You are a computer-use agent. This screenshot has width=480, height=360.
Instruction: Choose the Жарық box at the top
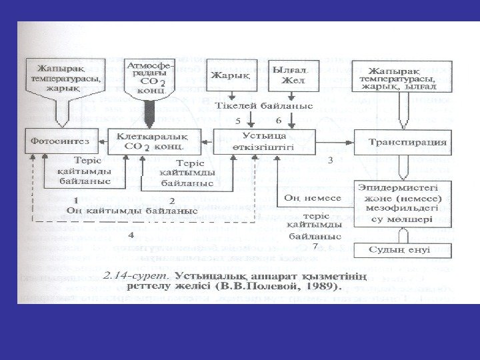point(231,75)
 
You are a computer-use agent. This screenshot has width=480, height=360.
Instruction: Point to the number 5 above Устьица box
point(239,121)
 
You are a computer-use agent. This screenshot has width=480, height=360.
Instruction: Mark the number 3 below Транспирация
point(330,161)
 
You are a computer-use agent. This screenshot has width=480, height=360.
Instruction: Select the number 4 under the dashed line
point(130,235)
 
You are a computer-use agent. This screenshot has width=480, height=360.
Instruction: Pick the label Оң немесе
point(313,198)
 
